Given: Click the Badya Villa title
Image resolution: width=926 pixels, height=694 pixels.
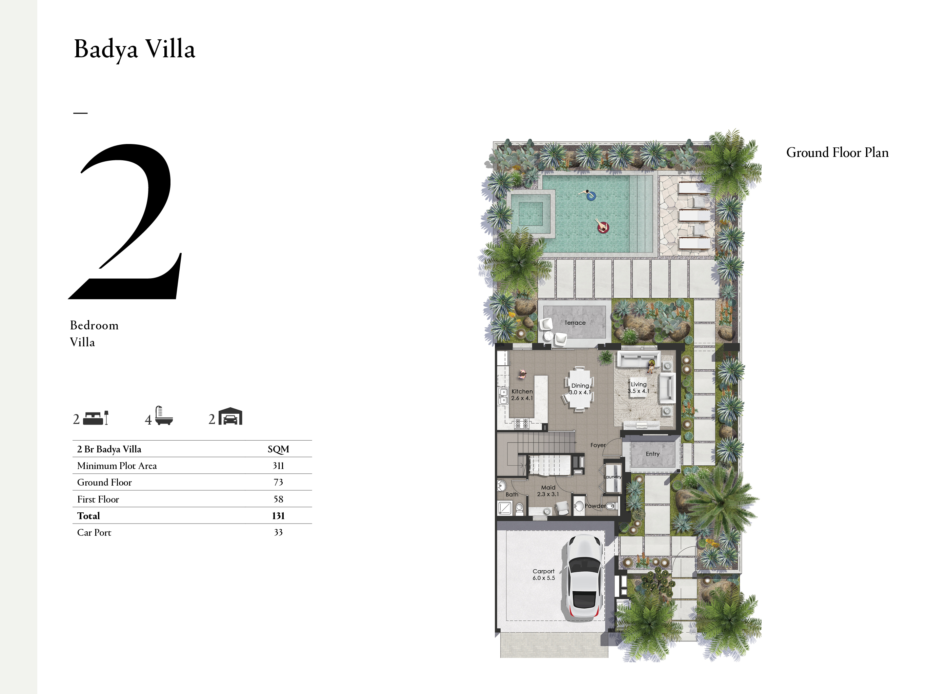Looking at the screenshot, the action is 134,49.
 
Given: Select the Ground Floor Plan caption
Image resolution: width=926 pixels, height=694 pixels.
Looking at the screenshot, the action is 837,152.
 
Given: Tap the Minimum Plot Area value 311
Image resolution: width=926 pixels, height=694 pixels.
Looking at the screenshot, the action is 278,466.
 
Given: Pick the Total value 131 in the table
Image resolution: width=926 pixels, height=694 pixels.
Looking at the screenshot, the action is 278,516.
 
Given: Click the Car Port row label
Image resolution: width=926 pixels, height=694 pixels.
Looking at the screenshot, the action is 94,532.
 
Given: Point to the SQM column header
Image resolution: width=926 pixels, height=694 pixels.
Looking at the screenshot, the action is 278,449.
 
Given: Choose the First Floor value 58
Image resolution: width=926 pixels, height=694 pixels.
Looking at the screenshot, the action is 278,499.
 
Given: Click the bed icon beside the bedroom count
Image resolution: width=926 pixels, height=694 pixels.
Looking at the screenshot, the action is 96,418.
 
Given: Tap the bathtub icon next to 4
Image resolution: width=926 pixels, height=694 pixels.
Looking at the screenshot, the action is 164,416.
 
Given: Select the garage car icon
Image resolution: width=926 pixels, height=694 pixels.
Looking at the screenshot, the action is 230,416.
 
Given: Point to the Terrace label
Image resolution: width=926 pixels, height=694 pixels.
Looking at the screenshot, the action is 575,323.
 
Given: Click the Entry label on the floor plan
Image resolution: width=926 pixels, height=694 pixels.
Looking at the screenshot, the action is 652,454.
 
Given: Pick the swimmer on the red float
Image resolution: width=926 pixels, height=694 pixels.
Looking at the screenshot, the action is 602,226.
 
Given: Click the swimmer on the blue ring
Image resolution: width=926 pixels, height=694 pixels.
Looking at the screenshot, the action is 588,195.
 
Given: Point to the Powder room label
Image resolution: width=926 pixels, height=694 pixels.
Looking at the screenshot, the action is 595,506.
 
